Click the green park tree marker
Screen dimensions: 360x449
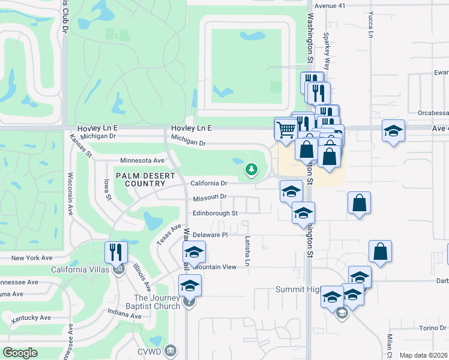click(251, 171)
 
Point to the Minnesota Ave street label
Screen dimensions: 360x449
click(142, 161)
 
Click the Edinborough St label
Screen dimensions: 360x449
click(215, 213)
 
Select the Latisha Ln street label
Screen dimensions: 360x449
click(247, 251)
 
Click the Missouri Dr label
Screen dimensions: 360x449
click(209, 197)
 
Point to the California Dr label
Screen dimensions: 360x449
click(209, 183)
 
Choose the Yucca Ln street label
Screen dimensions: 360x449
click(371, 23)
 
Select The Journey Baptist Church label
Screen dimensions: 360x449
click(157, 302)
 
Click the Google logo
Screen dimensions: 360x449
click(20, 352)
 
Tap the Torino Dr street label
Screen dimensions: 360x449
click(432, 328)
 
